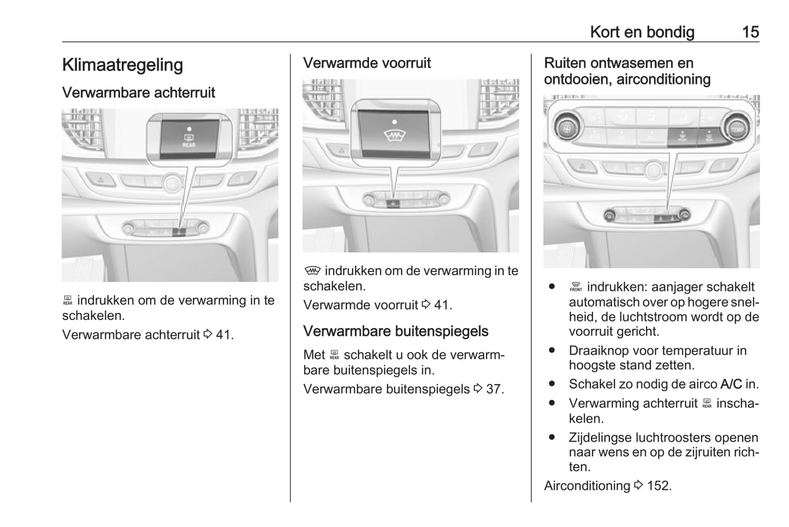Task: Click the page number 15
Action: pyautogui.click(x=750, y=32)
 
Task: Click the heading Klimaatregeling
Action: pyautogui.click(x=123, y=65)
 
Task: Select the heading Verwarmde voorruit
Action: pyautogui.click(x=366, y=63)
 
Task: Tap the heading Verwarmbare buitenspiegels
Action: pyautogui.click(x=395, y=331)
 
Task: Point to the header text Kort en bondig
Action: pyautogui.click(x=642, y=32)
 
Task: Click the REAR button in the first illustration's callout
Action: pyautogui.click(x=189, y=139)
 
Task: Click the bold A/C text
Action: pyautogui.click(x=731, y=384)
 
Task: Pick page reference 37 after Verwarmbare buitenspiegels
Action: pyautogui.click(x=494, y=389)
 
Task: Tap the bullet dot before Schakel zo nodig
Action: pyautogui.click(x=552, y=384)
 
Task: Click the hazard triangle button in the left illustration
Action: pyautogui.click(x=101, y=179)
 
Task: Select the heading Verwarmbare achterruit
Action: pyautogui.click(x=139, y=93)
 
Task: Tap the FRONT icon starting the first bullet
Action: pyautogui.click(x=576, y=288)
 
